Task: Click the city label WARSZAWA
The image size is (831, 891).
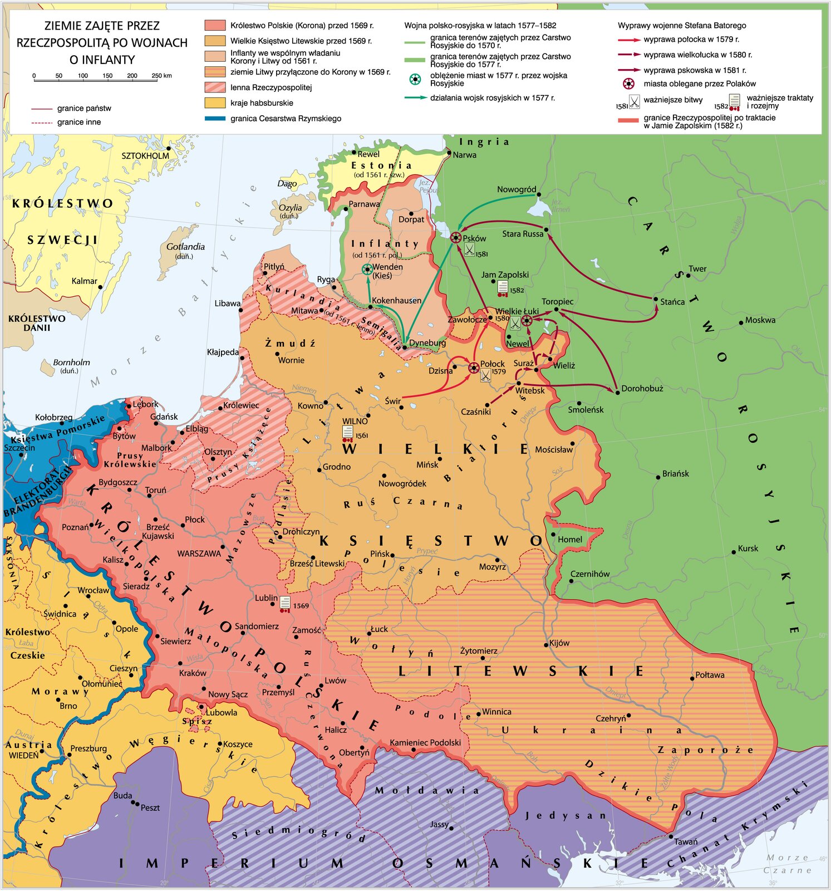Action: tap(199, 554)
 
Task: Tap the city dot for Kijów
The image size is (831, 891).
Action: tap(546, 645)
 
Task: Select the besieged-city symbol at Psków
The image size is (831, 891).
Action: tap(456, 238)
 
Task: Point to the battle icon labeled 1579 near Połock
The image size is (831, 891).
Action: tap(485, 375)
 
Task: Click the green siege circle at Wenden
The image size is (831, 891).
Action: tap(367, 270)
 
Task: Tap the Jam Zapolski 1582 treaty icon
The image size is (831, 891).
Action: tap(503, 287)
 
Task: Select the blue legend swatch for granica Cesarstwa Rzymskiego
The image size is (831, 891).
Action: tap(215, 119)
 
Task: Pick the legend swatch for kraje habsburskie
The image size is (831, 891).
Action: tap(215, 103)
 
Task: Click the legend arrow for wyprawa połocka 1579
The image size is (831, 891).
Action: tap(629, 40)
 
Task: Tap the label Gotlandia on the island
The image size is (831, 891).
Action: tap(185, 247)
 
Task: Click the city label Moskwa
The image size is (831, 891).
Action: tap(760, 320)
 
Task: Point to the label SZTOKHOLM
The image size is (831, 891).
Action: tap(145, 156)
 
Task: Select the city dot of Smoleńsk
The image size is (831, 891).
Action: tap(579, 403)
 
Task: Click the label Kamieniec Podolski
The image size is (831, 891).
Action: tap(425, 742)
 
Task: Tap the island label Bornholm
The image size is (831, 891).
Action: tap(71, 363)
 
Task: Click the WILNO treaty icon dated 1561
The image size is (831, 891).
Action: tap(348, 433)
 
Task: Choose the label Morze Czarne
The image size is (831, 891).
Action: tap(787, 864)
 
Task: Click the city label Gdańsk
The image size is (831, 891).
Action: tap(164, 417)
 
